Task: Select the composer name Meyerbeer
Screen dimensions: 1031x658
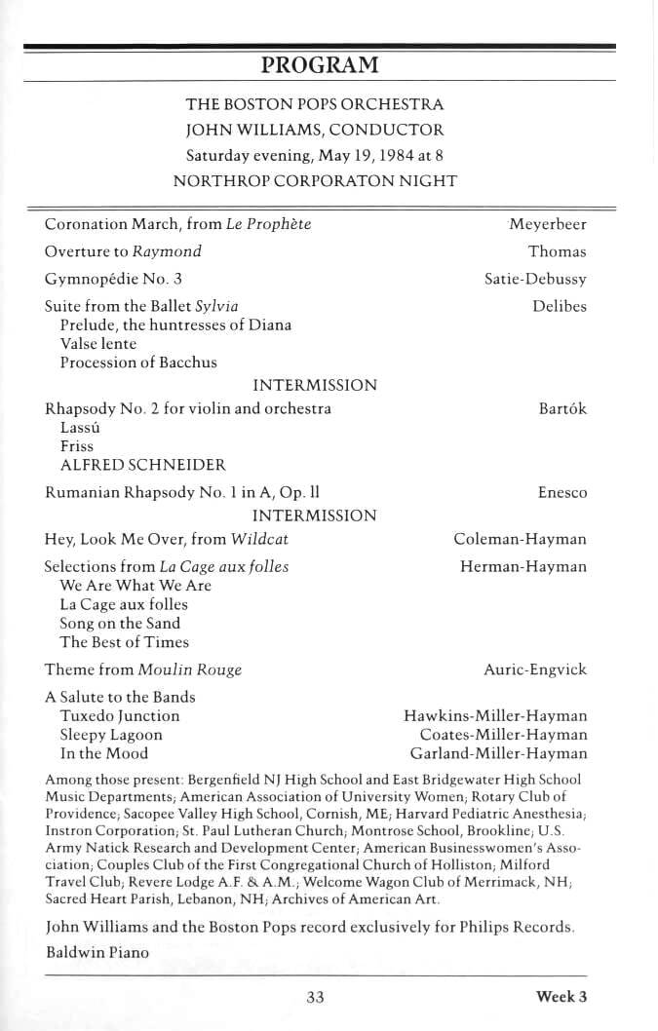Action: pos(547,224)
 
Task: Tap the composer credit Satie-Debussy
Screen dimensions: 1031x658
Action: pos(535,279)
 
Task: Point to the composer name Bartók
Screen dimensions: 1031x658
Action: pos(562,409)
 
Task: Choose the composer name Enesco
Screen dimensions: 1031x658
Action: pos(562,493)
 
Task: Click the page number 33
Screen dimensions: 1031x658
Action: pos(315,996)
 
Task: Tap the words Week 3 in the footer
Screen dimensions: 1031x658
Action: pos(561,996)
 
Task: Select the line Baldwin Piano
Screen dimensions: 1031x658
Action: pos(97,952)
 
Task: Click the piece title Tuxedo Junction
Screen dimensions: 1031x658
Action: pos(120,716)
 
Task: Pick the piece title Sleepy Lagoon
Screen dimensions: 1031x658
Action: pos(111,735)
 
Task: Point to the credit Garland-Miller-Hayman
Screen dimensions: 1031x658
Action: pos(499,753)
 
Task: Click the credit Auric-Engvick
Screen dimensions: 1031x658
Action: pos(535,670)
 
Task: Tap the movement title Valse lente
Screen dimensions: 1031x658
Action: pos(98,344)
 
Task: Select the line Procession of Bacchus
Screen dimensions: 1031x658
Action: pos(138,363)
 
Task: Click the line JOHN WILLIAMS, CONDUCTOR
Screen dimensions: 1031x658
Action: pos(314,130)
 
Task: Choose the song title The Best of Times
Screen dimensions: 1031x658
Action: pos(125,642)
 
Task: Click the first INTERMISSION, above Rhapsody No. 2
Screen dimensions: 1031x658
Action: pos(314,386)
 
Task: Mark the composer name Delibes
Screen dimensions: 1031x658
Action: pos(560,306)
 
